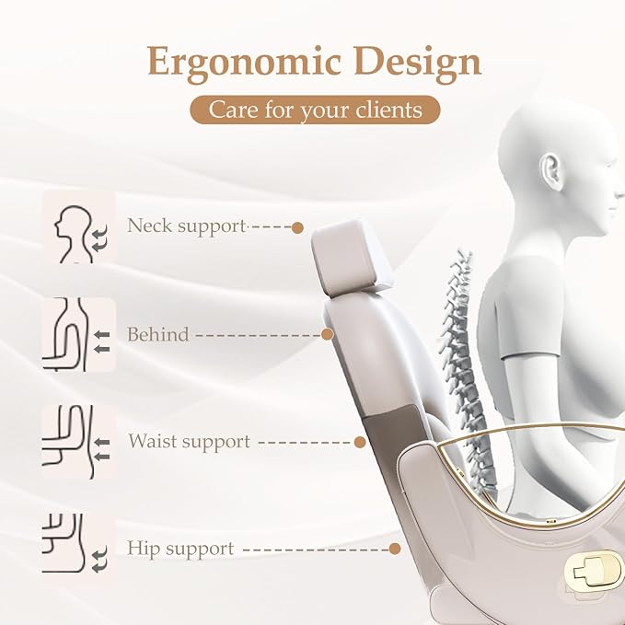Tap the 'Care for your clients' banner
[x=315, y=110]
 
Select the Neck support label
[x=186, y=226]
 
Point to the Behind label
[x=157, y=334]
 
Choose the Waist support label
[x=189, y=442]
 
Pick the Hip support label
[x=180, y=549]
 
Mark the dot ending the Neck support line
[x=297, y=228]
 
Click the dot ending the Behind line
[x=328, y=334]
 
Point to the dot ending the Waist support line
[x=360, y=442]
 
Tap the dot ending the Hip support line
[x=395, y=549]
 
